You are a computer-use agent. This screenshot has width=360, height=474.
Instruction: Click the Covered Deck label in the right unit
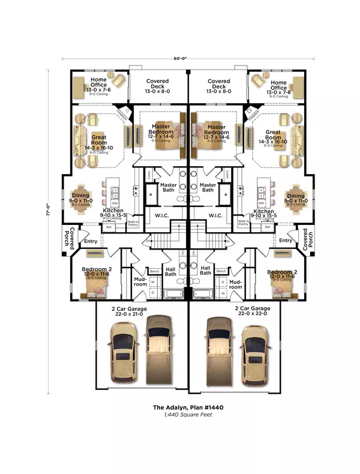coord(219,85)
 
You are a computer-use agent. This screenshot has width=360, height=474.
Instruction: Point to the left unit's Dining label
coord(81,196)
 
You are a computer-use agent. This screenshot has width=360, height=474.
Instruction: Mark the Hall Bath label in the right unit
coord(206,271)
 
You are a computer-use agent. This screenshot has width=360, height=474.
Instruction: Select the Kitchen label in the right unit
coord(264,212)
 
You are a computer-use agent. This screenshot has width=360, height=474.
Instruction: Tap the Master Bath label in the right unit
coord(208,188)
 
